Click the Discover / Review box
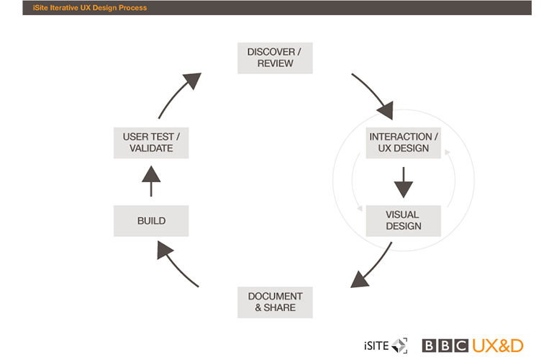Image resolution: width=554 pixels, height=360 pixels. [275, 58]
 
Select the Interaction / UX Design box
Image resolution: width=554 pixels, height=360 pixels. [403, 143]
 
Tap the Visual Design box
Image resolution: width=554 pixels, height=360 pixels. [403, 220]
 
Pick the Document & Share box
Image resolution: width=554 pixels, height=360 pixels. [275, 302]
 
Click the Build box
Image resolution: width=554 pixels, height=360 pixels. [151, 221]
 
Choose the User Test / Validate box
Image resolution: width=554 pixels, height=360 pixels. [151, 143]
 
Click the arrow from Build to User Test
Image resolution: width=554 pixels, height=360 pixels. [151, 179]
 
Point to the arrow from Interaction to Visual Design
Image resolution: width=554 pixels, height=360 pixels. [403, 183]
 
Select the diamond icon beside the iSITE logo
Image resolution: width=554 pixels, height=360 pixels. [399, 346]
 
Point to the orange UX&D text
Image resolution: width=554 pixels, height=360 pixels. [498, 346]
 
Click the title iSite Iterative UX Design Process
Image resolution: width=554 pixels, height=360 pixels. [89, 8]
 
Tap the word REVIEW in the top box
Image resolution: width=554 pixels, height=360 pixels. [275, 63]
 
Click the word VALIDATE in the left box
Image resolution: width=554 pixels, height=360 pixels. [151, 148]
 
